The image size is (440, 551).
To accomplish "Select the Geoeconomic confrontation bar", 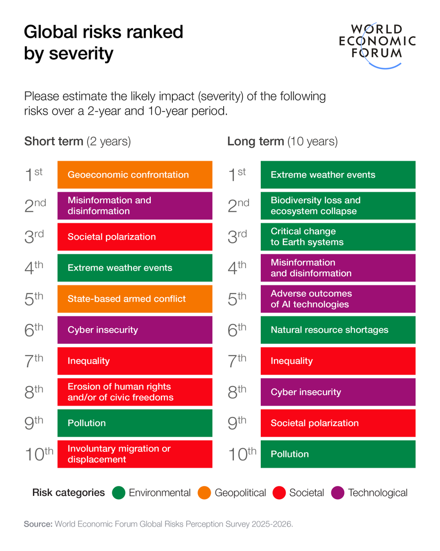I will pos(135,174).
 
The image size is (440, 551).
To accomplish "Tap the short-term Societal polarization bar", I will pos(135,237).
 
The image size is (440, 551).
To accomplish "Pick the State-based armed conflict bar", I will pos(135,299).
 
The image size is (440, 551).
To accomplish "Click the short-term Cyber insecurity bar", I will pos(135,330).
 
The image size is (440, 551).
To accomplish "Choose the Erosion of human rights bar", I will pos(135,392).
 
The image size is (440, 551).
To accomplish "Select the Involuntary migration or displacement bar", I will pos(135,454).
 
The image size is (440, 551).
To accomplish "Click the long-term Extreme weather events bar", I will pos(338,174).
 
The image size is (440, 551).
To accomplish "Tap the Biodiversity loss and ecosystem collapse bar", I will pos(338,206).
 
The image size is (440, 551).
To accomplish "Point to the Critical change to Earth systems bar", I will pos(338,237).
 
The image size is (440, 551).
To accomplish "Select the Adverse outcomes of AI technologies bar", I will pos(338,299).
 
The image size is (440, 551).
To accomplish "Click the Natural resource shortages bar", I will pos(338,330).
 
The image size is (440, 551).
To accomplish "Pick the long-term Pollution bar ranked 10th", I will pos(338,454).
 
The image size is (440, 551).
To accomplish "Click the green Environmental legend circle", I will pos(118,493).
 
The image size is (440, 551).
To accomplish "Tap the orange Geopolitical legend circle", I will pos(204,493).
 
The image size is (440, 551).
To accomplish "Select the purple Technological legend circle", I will pos(337,493).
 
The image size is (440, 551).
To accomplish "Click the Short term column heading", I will pos(77,141).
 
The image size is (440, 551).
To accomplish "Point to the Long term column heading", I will pos(282,141).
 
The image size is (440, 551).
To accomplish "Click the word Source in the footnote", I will pos(38,524).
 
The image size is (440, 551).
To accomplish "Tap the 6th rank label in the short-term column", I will pos(34,330).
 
